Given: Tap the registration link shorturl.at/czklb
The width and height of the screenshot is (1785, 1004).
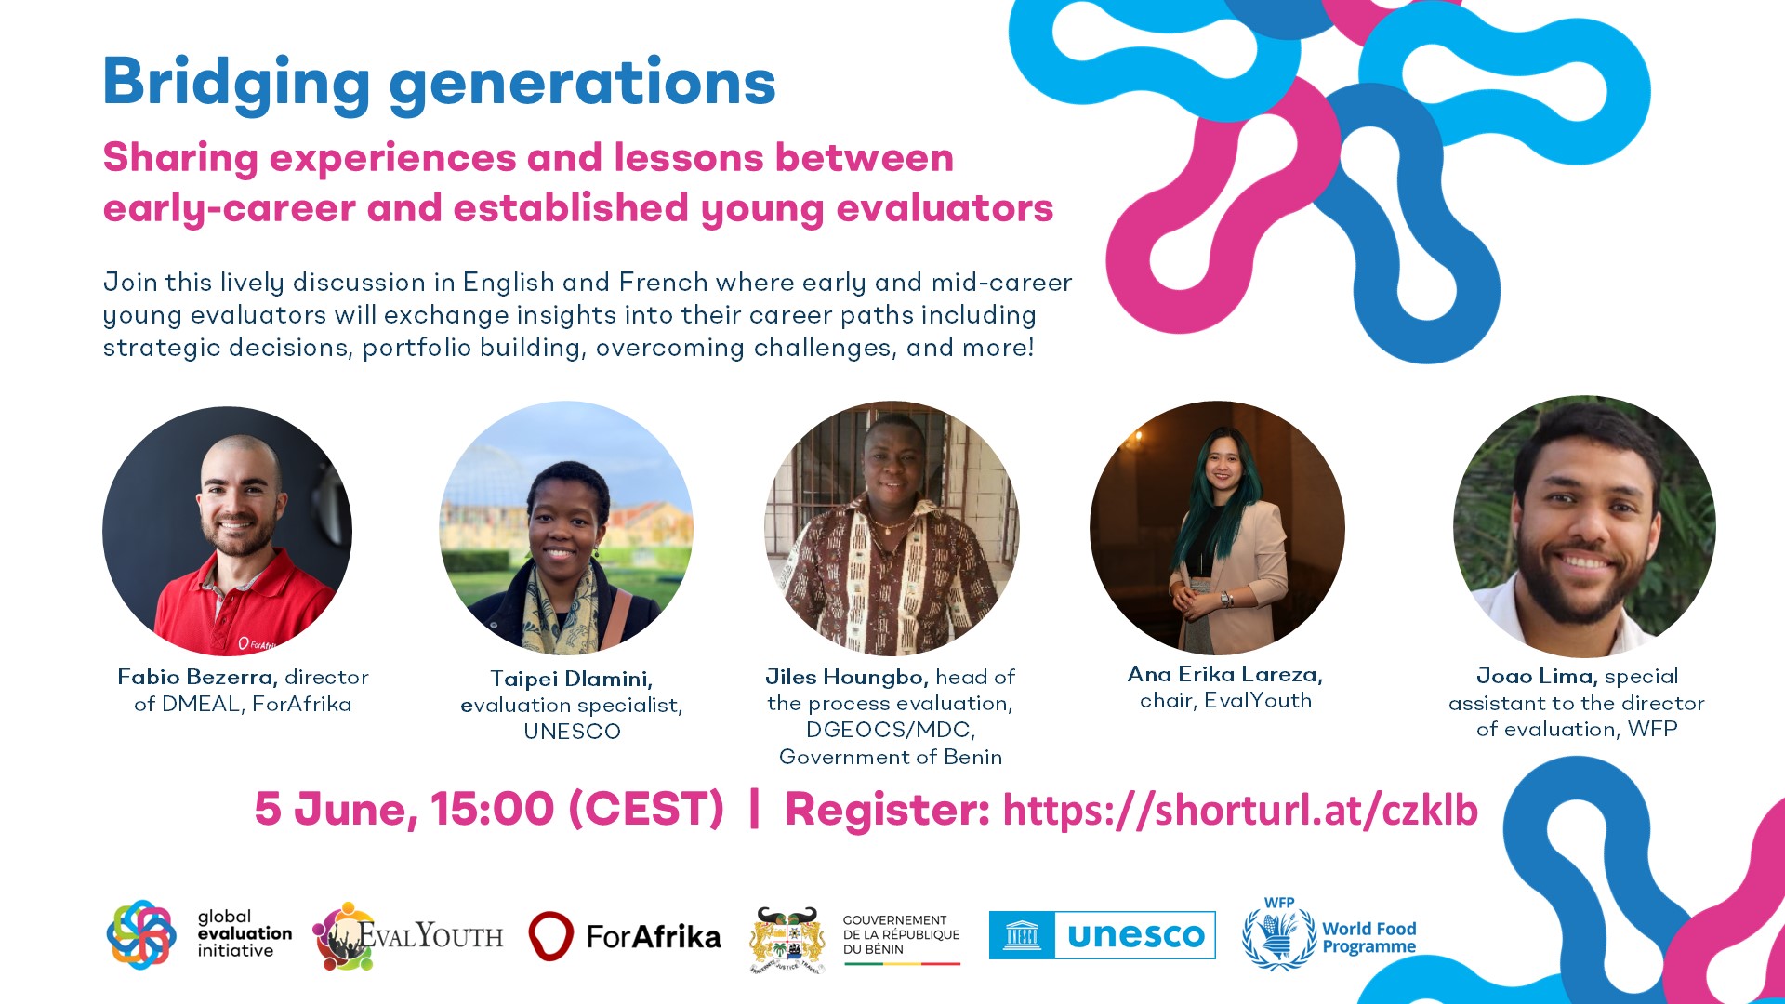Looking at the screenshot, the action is click(1240, 810).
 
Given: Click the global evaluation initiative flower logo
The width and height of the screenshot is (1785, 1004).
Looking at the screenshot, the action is click(141, 934).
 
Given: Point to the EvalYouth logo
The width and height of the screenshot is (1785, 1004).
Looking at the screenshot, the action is click(407, 935).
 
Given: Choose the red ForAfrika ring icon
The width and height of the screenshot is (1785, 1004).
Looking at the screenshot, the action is click(550, 935).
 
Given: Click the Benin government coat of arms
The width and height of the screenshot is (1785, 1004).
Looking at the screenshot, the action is click(787, 939).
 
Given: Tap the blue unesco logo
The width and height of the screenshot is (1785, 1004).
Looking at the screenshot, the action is click(1102, 935).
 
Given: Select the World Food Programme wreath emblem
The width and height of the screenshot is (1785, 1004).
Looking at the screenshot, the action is click(1280, 934).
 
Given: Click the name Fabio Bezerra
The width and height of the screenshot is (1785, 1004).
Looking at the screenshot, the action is click(197, 677).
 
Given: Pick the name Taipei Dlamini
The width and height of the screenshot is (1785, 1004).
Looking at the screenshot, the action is click(572, 679).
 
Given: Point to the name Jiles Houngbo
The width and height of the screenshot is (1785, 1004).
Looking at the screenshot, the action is click(847, 677).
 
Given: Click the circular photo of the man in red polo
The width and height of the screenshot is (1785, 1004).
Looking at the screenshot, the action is click(228, 531).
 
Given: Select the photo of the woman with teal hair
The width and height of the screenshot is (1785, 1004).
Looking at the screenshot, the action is click(1217, 528).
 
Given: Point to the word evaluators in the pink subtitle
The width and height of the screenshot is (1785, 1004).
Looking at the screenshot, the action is click(945, 208).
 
